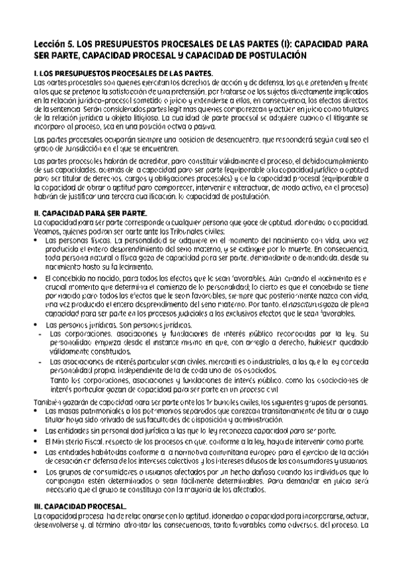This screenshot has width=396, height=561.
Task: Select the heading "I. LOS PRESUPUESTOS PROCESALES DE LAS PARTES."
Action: click(123, 73)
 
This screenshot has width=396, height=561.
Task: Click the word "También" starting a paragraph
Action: click(48, 403)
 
